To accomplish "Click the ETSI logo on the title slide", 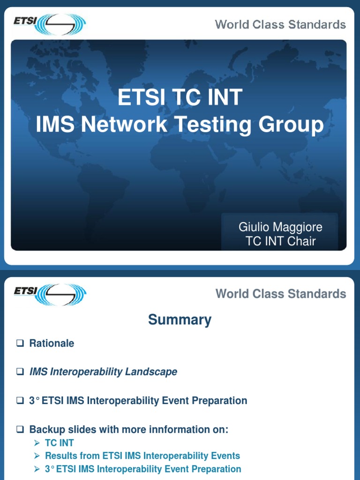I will pos(50,24).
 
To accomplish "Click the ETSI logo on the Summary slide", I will pos(50,294).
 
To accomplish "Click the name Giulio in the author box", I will pos(254,227).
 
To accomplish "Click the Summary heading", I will pos(180,320).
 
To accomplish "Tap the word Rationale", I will pos(52,343).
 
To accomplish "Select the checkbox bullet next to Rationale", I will pos(20,343).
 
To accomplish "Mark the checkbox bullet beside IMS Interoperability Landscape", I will pos(20,372).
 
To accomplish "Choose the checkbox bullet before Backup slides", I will pos(20,429).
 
